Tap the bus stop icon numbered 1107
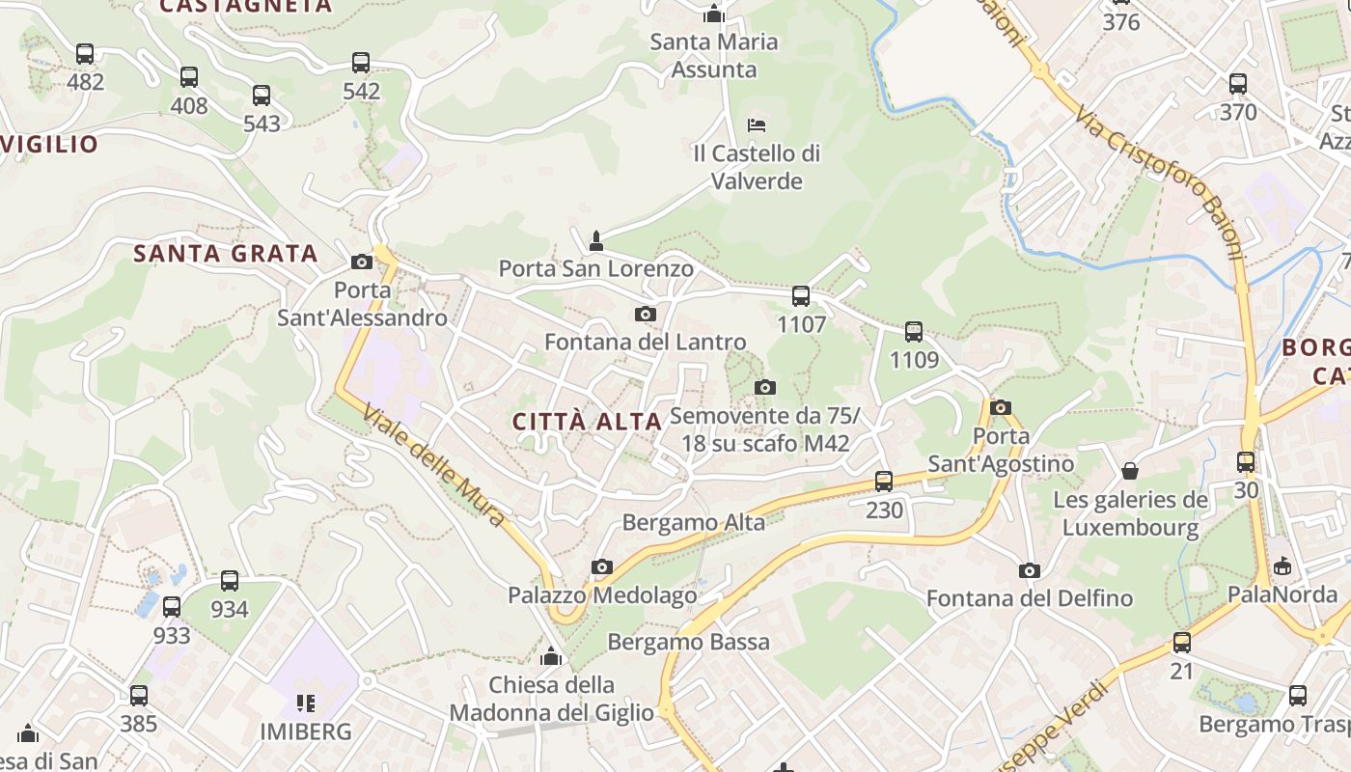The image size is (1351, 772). click(801, 296)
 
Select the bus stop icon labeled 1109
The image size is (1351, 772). click(914, 332)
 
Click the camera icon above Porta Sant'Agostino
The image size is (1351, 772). click(1001, 407)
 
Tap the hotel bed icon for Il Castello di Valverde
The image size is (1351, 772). click(758, 125)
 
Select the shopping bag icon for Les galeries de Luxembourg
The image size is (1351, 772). click(1130, 471)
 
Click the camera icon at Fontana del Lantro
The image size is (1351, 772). click(646, 314)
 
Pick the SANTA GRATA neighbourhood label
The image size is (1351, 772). click(226, 254)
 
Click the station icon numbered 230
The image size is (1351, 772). click(884, 481)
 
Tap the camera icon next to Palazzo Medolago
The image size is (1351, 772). click(602, 566)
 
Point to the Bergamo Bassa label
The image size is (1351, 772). click(689, 642)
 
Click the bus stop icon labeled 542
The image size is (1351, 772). click(361, 63)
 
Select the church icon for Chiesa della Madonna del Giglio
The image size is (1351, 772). click(551, 656)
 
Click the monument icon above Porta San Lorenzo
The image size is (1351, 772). click(596, 239)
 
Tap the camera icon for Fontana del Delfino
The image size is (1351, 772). click(1030, 570)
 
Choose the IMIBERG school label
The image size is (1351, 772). click(306, 731)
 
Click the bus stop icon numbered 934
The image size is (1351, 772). click(230, 581)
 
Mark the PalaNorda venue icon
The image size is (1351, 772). click(1282, 565)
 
